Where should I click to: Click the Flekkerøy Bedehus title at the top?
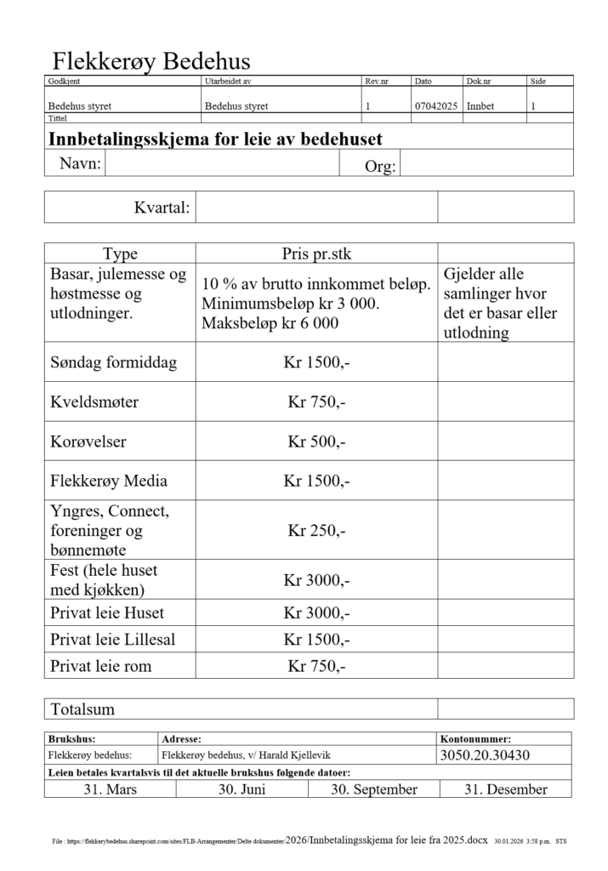[151, 61]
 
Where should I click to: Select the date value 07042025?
[436, 107]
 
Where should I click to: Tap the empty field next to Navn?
[222, 163]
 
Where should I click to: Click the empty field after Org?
[486, 164]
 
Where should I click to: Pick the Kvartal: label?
[162, 208]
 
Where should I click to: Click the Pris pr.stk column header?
[316, 253]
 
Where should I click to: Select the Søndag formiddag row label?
[114, 363]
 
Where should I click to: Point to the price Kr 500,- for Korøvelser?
[316, 442]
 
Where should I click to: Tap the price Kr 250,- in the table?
[316, 531]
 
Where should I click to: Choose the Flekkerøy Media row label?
[109, 481]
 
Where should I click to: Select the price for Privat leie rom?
[316, 666]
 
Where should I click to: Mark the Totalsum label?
[82, 709]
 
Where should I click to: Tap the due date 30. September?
[374, 789]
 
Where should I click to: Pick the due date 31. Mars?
[111, 789]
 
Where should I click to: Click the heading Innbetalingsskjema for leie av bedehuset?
[216, 138]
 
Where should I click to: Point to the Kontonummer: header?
[475, 739]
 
